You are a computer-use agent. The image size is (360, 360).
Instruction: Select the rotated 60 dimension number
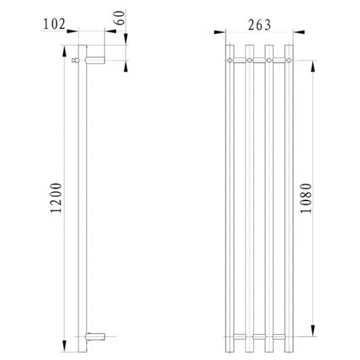(121, 18)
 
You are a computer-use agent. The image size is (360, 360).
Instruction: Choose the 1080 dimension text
(305, 198)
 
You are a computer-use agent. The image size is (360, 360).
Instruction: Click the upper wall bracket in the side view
(95, 60)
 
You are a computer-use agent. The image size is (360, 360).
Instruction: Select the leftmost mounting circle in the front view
(231, 61)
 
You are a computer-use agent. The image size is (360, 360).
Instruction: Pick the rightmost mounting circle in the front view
(290, 61)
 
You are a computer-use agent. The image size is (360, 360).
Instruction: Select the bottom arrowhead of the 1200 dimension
(66, 340)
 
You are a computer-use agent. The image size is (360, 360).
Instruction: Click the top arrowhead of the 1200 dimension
(66, 50)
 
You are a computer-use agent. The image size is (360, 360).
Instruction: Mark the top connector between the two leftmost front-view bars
(241, 61)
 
